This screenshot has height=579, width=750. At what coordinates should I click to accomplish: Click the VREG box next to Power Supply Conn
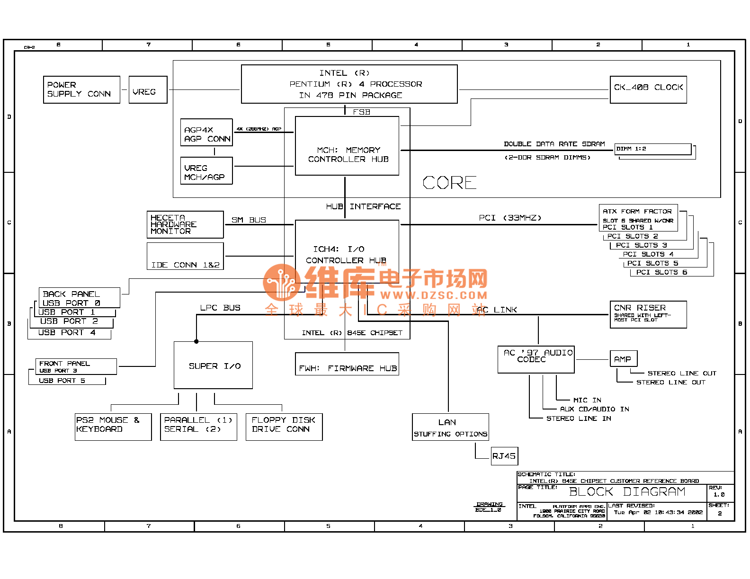click(x=148, y=90)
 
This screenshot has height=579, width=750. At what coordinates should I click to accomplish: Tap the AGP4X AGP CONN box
click(x=206, y=133)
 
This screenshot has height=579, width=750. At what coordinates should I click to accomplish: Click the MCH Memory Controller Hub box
click(x=347, y=146)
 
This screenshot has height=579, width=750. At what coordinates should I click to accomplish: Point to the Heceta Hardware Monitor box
click(x=185, y=224)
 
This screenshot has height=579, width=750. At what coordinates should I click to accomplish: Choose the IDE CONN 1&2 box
click(x=185, y=257)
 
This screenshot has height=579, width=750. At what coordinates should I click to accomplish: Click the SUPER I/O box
click(x=213, y=365)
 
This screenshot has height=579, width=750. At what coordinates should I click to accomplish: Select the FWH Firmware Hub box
click(x=347, y=364)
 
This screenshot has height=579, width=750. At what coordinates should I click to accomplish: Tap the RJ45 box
click(x=504, y=456)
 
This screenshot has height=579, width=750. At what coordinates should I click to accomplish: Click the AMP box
click(x=623, y=359)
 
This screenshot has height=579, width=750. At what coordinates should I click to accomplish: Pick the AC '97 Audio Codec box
click(x=536, y=359)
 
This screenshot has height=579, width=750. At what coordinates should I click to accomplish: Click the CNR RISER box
click(x=648, y=314)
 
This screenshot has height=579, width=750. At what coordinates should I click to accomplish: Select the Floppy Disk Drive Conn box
click(x=284, y=427)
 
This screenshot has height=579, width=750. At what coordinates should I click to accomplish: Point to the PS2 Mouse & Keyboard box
click(x=113, y=427)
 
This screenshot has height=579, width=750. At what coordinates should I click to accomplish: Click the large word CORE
click(x=449, y=183)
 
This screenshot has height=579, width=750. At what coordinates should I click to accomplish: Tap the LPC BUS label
click(x=220, y=308)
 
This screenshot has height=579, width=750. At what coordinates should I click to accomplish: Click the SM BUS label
click(x=249, y=220)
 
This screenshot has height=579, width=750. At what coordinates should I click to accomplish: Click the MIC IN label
click(x=587, y=400)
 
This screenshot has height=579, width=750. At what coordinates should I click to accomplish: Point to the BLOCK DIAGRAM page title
click(x=627, y=492)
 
